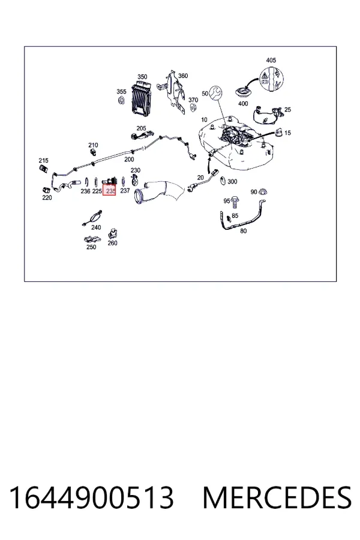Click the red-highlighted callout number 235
click(110, 191)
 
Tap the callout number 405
click(271, 60)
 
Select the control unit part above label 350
click(141, 98)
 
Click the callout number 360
click(183, 76)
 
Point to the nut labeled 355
click(121, 101)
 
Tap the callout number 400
click(243, 103)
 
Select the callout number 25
click(287, 110)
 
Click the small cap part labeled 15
click(278, 132)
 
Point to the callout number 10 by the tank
click(204, 120)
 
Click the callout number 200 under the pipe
click(129, 159)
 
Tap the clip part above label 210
click(92, 152)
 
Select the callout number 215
click(43, 160)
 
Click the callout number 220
click(47, 197)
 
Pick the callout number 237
click(125, 190)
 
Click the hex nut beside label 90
click(263, 192)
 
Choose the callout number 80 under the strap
click(243, 231)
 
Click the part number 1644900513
click(91, 497)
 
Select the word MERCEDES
click(277, 497)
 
